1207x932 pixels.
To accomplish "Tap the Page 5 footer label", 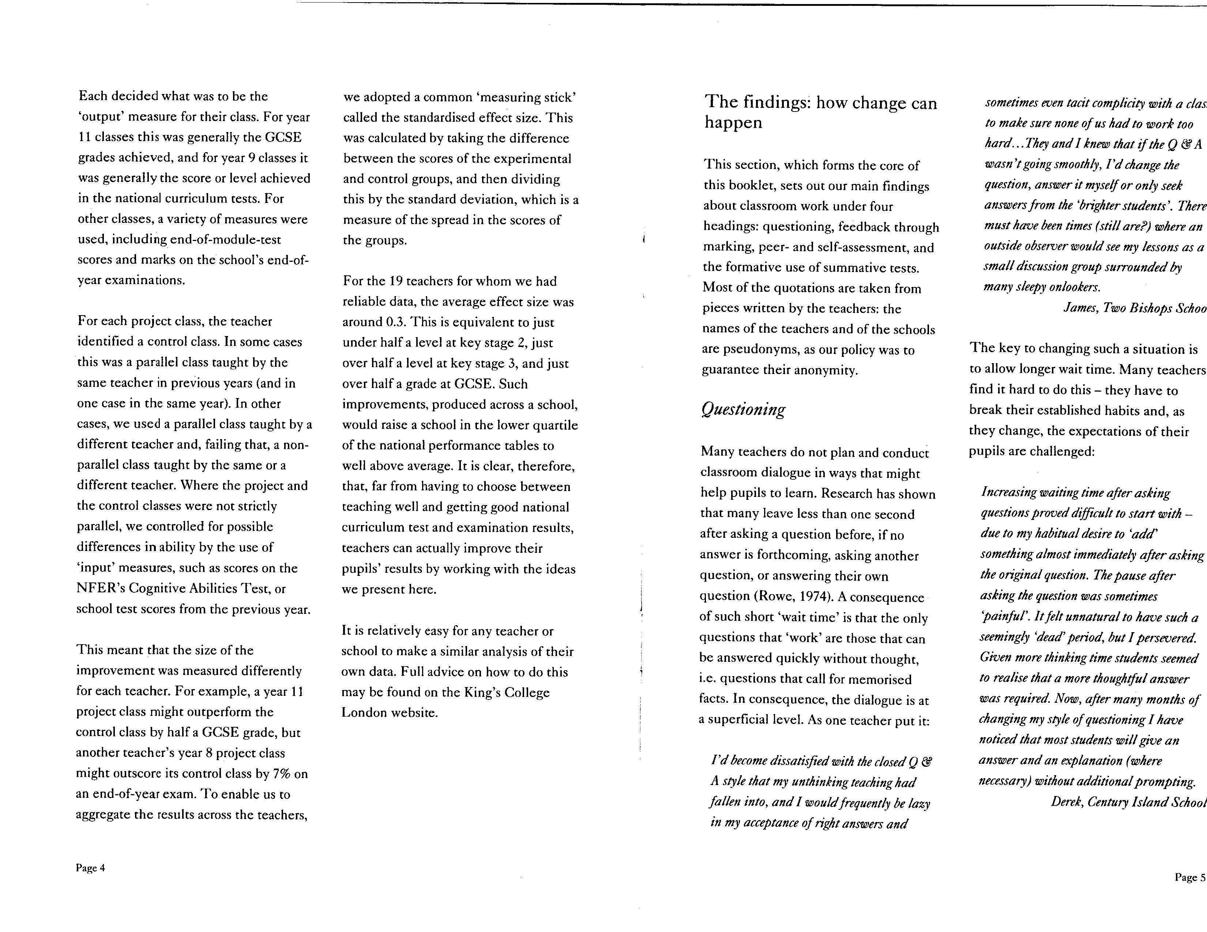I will tap(1190, 877).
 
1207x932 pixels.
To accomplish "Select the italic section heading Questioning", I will tap(743, 410).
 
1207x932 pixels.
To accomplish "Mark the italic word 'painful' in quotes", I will tap(999, 616).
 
